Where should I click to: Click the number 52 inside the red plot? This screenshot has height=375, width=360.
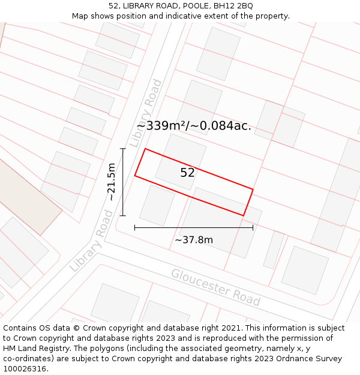pos(187,173)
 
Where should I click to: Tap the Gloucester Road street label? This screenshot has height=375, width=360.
pos(215,287)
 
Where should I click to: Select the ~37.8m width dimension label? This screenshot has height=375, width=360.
pos(194,240)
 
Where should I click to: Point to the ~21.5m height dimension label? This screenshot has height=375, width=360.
pos(112,182)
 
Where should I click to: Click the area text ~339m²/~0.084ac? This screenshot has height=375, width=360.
pos(198,126)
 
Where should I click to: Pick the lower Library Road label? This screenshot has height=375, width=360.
pos(91,240)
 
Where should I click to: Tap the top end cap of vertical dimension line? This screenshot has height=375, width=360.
pos(123,149)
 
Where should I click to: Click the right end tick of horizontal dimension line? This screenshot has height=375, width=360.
pos(253,227)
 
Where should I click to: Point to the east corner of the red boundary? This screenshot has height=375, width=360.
pos(253,190)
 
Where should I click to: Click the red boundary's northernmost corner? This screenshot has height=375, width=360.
pos(145,149)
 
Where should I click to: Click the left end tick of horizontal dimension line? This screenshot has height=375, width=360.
pos(134,227)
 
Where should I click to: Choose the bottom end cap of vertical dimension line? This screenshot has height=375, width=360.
pos(123,215)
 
